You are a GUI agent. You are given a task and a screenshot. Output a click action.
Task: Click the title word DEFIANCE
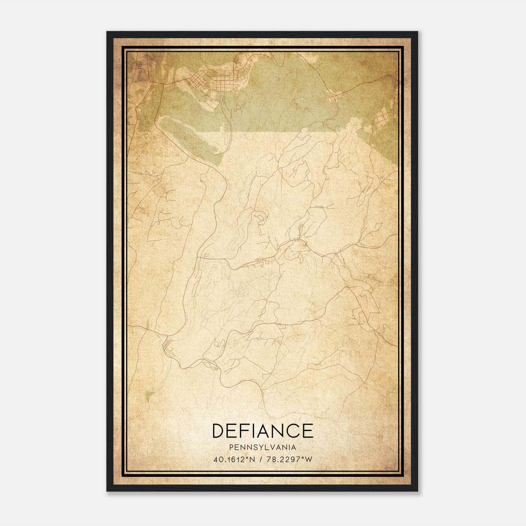(x=263, y=431)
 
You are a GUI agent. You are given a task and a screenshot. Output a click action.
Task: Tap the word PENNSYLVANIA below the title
(x=263, y=447)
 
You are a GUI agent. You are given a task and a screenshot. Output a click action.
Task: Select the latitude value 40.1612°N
(x=234, y=460)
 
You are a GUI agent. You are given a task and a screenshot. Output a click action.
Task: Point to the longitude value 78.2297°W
(x=289, y=460)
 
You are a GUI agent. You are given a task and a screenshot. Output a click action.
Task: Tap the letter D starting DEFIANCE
(x=219, y=431)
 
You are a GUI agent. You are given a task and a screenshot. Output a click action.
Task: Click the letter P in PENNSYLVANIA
(x=232, y=447)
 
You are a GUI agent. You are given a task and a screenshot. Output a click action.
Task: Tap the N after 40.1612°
(x=252, y=460)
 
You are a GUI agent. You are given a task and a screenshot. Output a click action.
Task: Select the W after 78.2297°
(x=308, y=460)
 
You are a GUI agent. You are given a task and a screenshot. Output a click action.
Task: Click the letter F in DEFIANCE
(x=242, y=431)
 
